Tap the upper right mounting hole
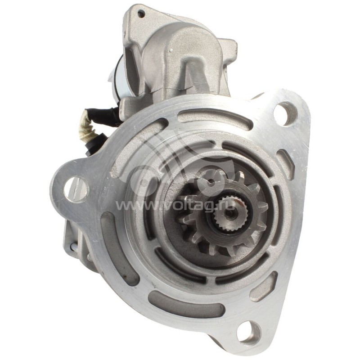[x=285, y=114]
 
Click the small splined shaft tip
[x=228, y=213]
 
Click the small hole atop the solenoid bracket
[x=141, y=14]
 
